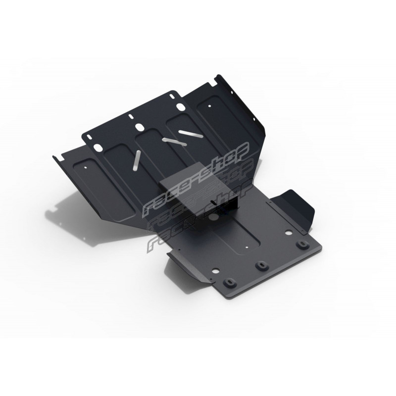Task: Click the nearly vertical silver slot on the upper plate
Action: coord(137,159)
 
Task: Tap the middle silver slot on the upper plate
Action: coord(175,142)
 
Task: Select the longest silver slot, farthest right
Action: coord(191,134)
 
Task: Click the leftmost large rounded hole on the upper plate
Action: coord(97,147)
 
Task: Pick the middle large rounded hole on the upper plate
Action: coord(139,127)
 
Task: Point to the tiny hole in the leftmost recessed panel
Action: coord(86,167)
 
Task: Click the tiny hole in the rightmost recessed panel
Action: coord(209,106)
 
